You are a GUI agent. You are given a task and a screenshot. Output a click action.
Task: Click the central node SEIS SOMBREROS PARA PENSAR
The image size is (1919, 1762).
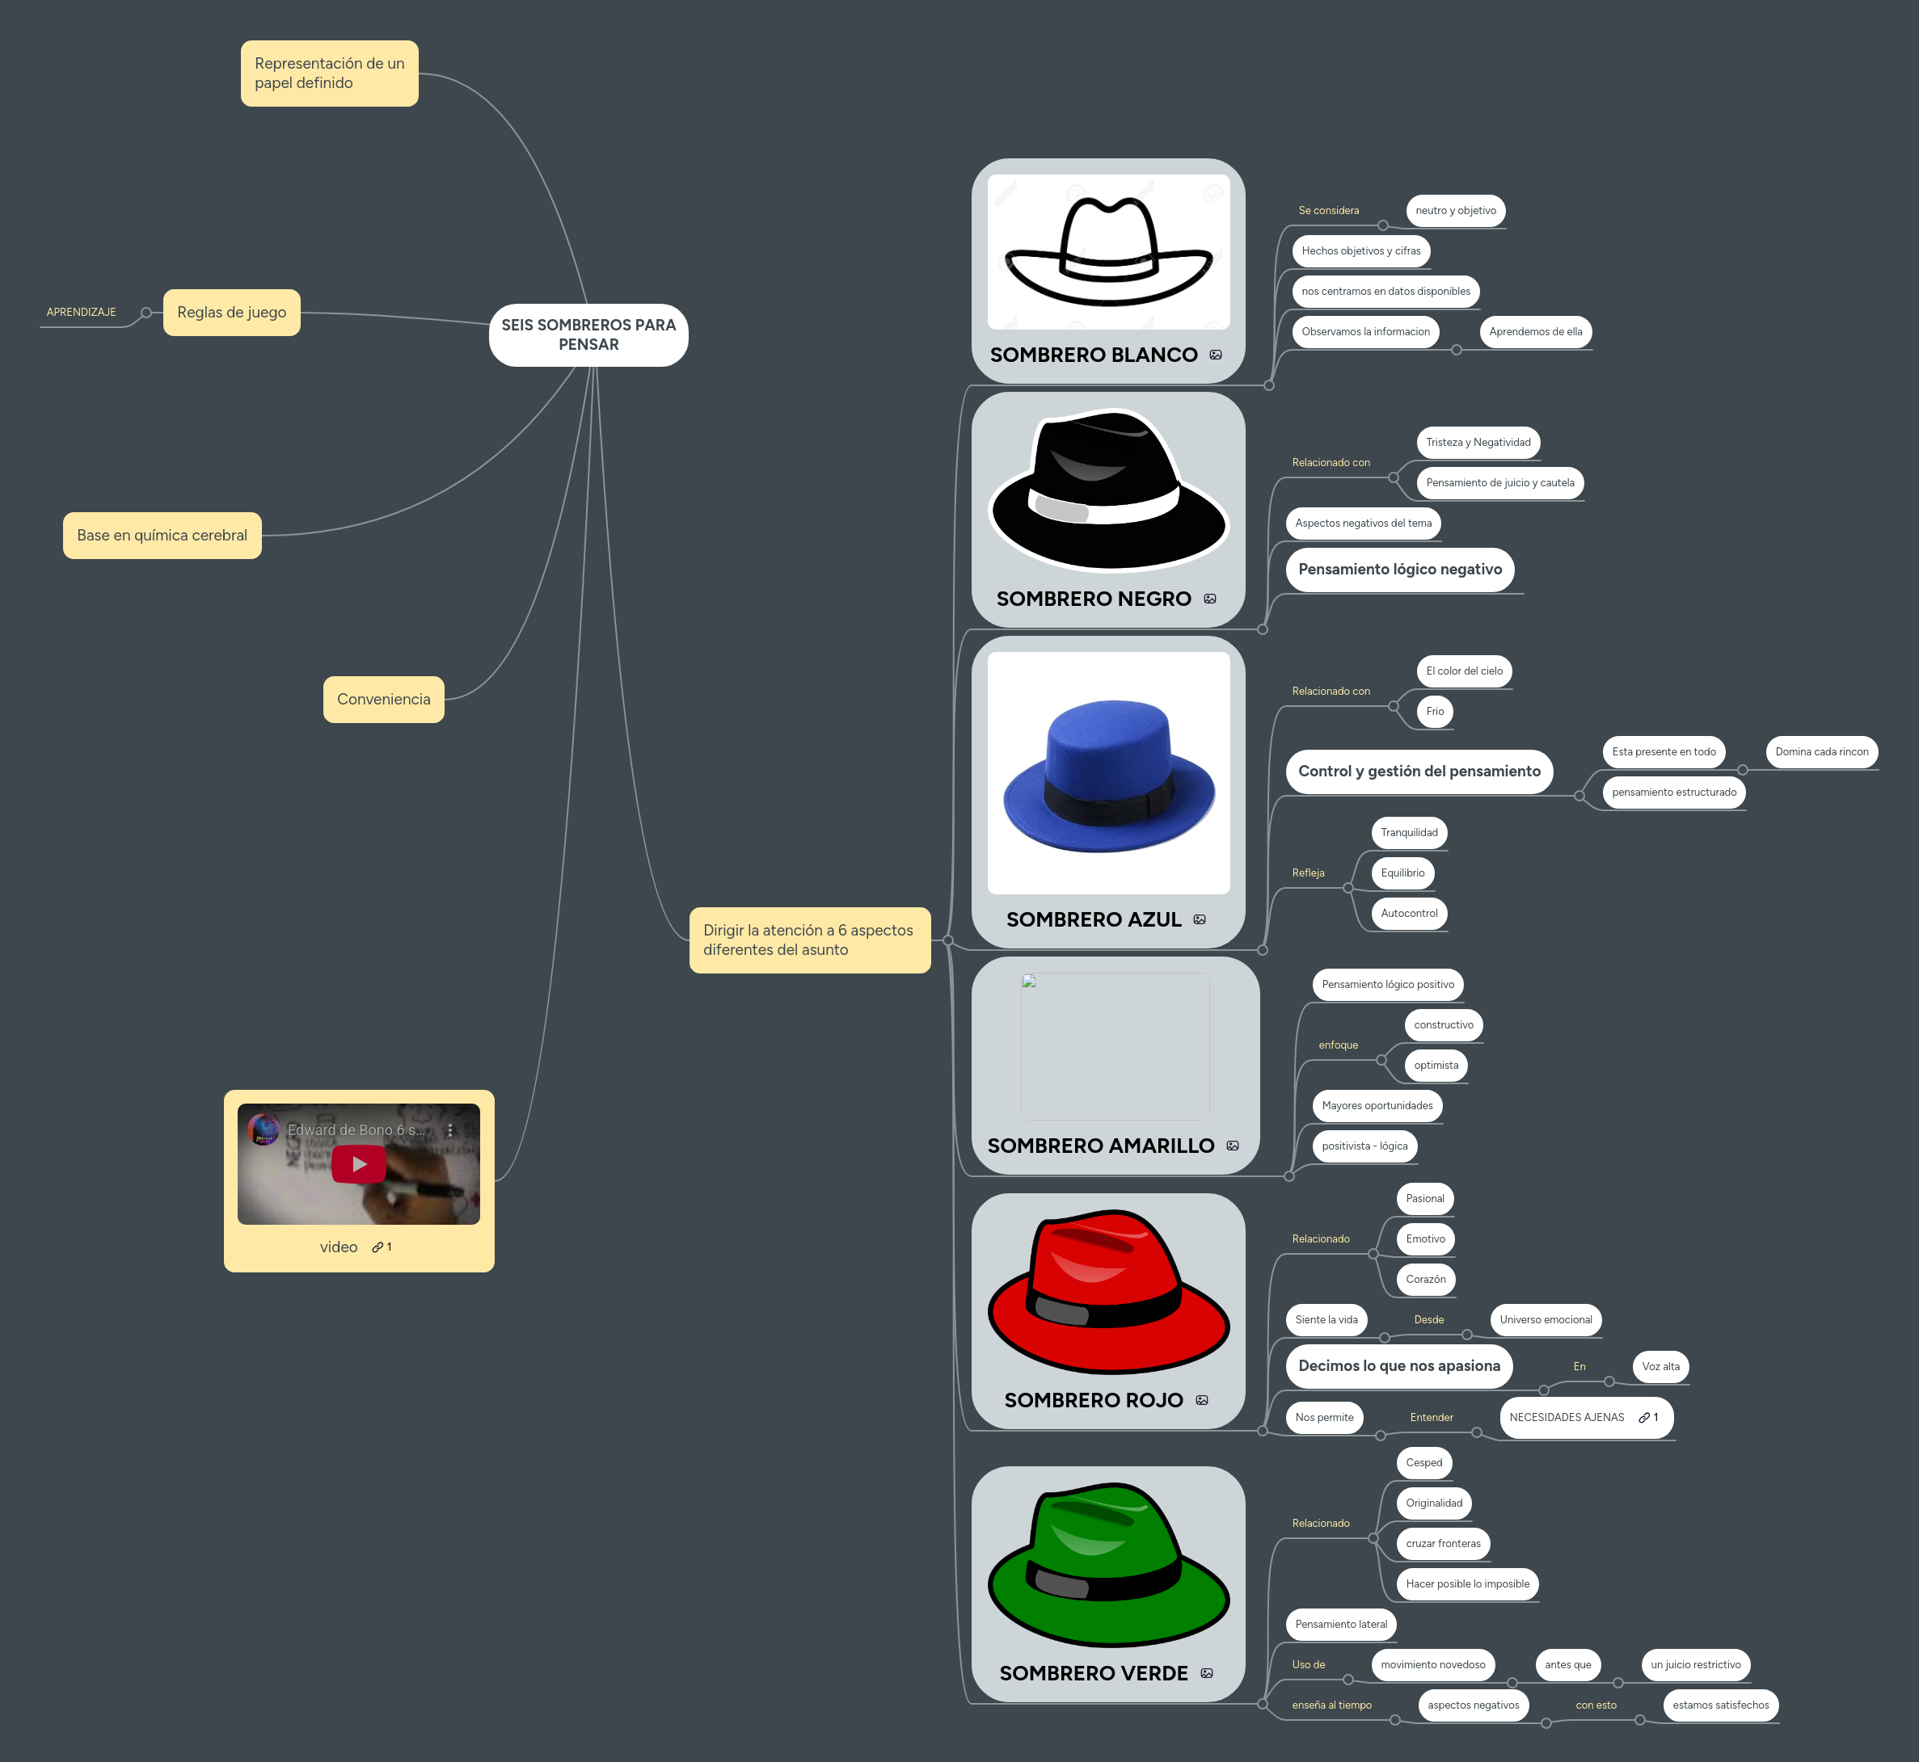(588, 334)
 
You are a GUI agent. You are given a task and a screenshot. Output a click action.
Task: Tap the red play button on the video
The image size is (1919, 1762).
(359, 1163)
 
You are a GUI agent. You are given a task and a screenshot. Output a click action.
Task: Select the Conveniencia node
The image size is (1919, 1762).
(383, 699)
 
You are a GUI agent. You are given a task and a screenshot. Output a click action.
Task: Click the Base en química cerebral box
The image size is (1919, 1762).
(162, 535)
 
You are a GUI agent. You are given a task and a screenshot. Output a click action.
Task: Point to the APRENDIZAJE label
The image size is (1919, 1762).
(81, 312)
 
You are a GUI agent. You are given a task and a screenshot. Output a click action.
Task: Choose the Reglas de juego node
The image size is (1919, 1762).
(231, 312)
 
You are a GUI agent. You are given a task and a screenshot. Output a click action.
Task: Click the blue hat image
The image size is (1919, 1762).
(1108, 774)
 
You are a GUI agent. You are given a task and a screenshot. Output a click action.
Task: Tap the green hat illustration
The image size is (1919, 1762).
(1108, 1564)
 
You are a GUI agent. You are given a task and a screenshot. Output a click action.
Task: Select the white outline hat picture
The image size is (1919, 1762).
(1108, 252)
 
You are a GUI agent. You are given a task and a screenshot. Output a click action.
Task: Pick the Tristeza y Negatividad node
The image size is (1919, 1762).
(1478, 443)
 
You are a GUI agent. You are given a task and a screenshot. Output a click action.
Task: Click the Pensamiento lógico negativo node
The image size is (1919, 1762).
(1399, 570)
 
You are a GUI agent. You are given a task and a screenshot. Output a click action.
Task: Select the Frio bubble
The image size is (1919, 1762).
(1435, 711)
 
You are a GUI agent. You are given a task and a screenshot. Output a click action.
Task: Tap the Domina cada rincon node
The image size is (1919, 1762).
(1820, 751)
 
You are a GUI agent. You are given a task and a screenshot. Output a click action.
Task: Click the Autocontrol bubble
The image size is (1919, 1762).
(1409, 914)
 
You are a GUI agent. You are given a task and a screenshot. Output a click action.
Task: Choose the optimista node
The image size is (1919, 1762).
(1436, 1065)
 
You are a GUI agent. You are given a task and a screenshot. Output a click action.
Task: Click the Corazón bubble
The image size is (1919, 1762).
(1425, 1280)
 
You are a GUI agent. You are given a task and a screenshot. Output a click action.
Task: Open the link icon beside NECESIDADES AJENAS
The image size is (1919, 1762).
(1644, 1418)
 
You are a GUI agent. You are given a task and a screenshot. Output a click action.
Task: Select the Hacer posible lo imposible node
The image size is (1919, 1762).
(1467, 1583)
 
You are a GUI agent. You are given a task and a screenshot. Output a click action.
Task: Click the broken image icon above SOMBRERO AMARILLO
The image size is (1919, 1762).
(1029, 981)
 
